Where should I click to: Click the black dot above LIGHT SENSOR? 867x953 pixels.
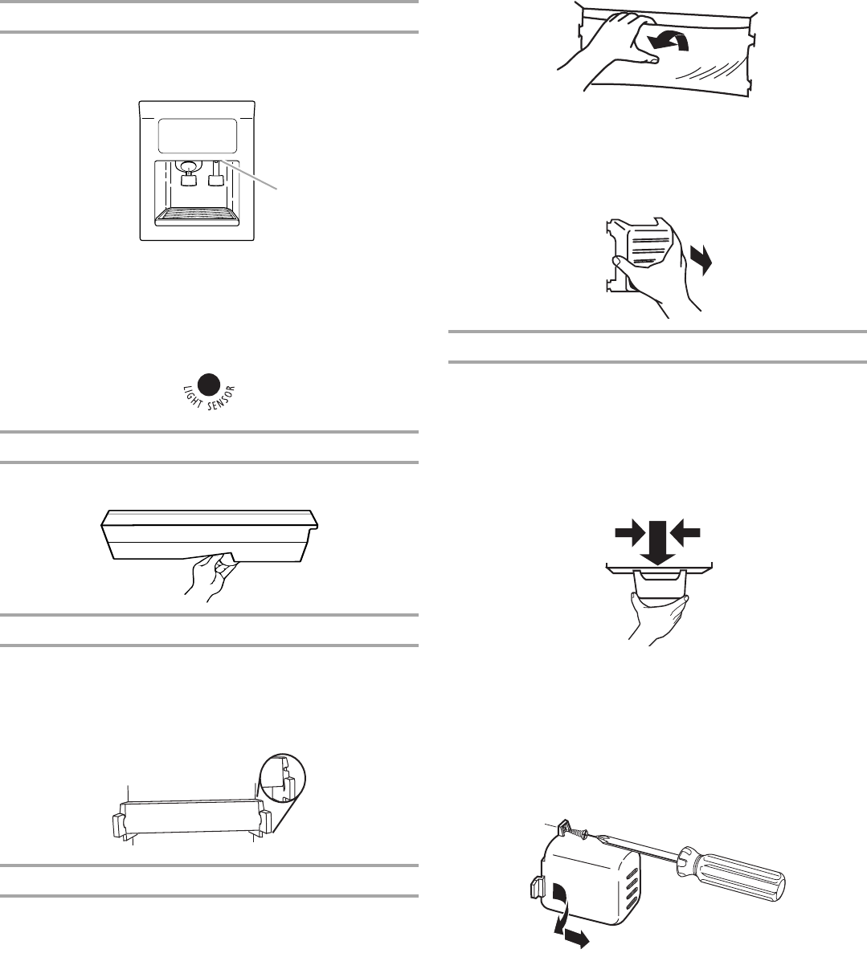210,384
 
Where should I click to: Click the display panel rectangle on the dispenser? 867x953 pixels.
197,136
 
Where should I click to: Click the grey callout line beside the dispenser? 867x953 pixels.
250,175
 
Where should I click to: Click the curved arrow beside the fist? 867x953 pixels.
668,40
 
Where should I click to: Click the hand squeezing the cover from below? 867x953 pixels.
658,620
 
